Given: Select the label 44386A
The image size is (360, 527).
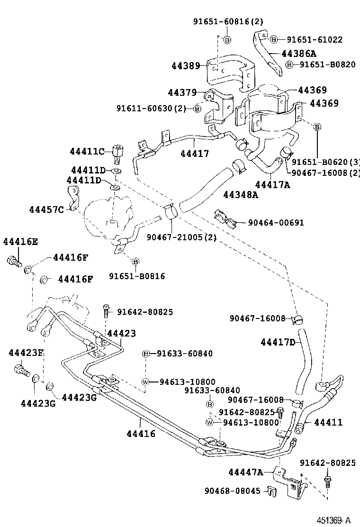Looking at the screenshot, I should point(298,54).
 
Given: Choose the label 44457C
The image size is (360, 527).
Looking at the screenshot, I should point(46,209).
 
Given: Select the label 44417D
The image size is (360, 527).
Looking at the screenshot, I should point(278,342).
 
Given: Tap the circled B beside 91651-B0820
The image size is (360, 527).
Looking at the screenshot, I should point(289,65).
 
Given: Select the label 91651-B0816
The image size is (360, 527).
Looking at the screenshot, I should point(137,276).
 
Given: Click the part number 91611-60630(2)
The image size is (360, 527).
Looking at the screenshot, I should point(151,109).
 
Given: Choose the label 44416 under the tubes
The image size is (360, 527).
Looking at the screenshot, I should point(141,433).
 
